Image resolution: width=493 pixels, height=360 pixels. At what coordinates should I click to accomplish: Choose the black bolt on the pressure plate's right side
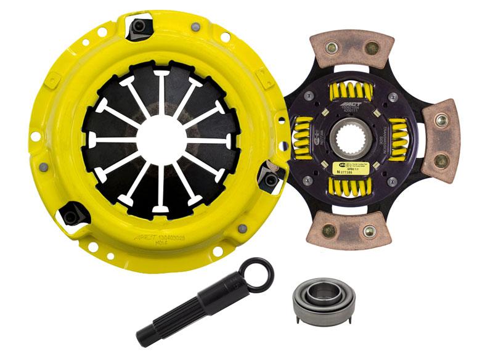click(270, 178)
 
